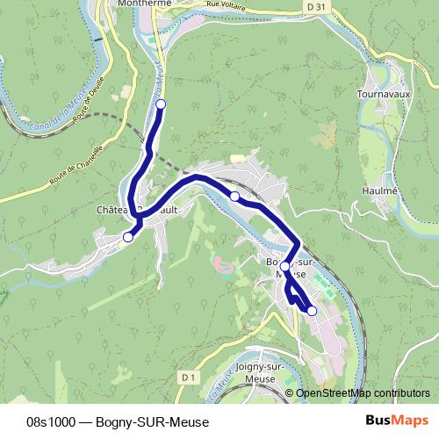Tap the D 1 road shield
(x=187, y=376)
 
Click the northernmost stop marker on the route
(x=161, y=104)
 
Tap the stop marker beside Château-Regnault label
(x=128, y=237)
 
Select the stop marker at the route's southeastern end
(x=312, y=310)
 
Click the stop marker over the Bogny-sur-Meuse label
(x=284, y=265)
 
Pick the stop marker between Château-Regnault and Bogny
(x=234, y=196)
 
